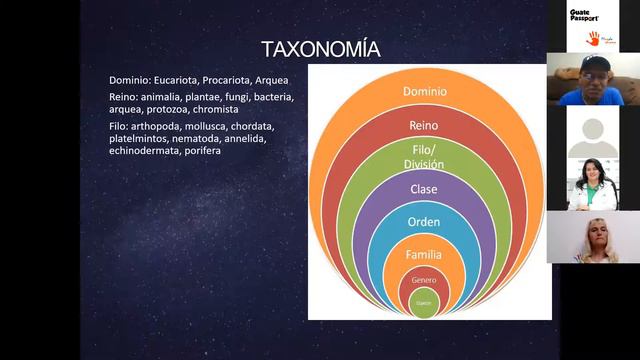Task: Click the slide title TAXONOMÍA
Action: (x=320, y=49)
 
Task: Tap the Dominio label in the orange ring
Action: (x=425, y=92)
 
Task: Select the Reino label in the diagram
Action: (x=424, y=125)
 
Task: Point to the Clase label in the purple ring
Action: (x=424, y=188)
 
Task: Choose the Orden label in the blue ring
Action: (x=424, y=221)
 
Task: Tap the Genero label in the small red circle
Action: (x=424, y=281)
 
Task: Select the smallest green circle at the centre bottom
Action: (x=424, y=303)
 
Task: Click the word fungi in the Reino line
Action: (x=236, y=97)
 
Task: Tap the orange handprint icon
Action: (x=592, y=38)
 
